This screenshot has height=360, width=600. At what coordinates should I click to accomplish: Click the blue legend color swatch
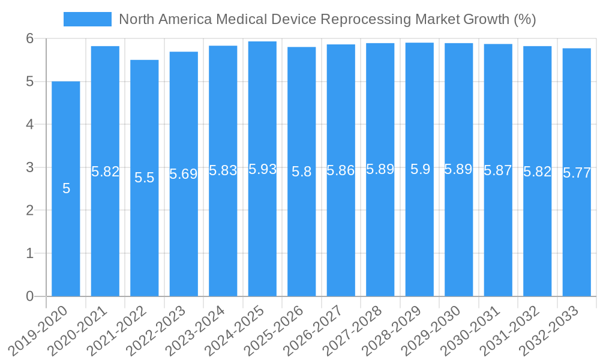point(88,19)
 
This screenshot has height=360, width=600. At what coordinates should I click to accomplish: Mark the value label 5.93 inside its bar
point(262,170)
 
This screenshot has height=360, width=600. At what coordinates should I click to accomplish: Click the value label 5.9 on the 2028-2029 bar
point(420,170)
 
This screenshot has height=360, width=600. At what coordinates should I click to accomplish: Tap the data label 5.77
point(577,173)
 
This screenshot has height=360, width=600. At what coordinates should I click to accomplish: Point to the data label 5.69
point(184,175)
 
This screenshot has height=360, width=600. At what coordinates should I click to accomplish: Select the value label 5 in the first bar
point(66,189)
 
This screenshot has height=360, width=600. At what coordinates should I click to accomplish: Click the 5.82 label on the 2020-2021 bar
point(105,172)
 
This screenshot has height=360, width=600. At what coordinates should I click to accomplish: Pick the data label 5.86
point(341,171)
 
